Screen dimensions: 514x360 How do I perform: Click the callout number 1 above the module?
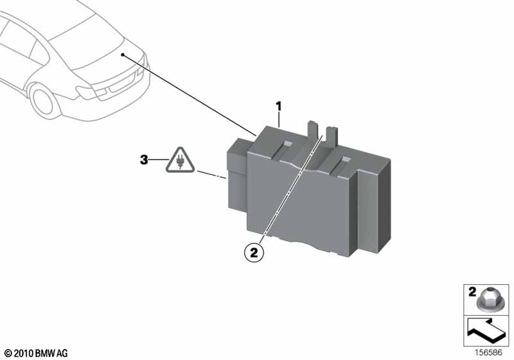click(x=279, y=107)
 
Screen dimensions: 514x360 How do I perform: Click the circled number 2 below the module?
click(x=254, y=253)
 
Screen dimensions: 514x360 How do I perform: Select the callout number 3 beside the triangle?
click(x=144, y=160)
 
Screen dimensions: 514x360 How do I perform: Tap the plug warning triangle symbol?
click(x=180, y=160)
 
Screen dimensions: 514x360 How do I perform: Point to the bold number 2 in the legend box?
click(x=472, y=292)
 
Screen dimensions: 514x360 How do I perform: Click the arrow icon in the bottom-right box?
click(x=486, y=331)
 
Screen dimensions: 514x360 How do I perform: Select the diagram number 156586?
click(x=489, y=353)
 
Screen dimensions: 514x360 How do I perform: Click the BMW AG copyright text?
click(x=37, y=354)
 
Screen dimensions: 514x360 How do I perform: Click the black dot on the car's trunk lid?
click(x=123, y=55)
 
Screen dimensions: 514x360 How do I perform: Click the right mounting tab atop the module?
click(x=332, y=136)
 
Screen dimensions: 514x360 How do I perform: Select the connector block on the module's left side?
click(x=238, y=175)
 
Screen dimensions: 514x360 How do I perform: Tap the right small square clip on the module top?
click(x=345, y=160)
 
